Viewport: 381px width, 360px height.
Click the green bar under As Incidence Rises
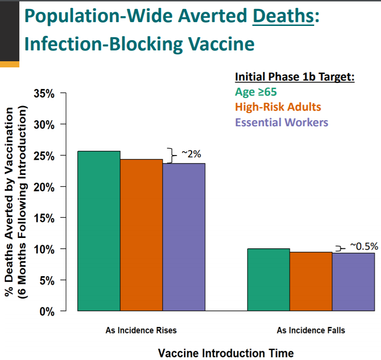point(99,231)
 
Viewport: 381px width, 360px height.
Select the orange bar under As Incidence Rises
point(141,235)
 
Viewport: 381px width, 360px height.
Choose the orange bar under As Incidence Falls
point(311,281)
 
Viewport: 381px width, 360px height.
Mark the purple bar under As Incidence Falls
point(353,282)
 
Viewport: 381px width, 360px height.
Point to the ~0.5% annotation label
point(364,246)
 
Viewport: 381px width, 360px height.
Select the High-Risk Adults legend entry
point(278,107)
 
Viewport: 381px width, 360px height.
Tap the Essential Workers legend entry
point(281,123)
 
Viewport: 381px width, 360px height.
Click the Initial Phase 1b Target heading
point(294,76)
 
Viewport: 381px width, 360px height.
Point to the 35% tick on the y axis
point(45,93)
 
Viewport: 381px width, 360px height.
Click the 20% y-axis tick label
point(45,187)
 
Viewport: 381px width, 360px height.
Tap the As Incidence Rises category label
point(141,330)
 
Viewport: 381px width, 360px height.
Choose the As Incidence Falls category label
point(311,330)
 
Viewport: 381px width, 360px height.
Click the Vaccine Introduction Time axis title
point(226,353)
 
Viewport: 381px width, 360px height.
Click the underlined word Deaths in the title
point(283,17)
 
